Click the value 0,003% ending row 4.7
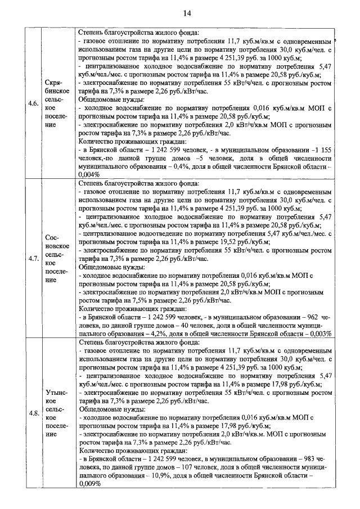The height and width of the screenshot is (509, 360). [317, 333]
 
